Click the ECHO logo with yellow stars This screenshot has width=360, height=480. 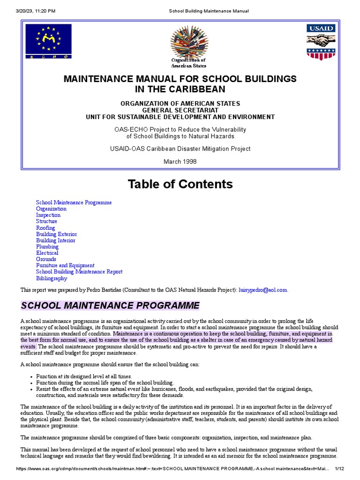point(49,41)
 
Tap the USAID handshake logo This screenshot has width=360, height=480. point(321,42)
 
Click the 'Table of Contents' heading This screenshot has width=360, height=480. point(180,184)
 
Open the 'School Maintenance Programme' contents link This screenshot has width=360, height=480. point(74,202)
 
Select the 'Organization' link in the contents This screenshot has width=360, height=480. point(51,209)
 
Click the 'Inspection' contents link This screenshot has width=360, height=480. point(48,215)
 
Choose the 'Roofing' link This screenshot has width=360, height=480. point(45,228)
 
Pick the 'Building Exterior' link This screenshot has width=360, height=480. point(56,234)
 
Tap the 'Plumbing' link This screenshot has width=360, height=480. point(47,247)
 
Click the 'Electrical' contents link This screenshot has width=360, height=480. point(47,253)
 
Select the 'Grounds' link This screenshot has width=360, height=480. point(46,259)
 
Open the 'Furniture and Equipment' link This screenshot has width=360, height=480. point(65,265)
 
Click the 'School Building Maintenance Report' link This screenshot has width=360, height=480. point(79,272)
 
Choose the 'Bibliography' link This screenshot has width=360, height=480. point(52,278)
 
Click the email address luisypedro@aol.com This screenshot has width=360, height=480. point(263,290)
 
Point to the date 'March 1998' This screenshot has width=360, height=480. point(180,162)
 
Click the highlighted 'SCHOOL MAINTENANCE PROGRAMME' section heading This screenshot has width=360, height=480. point(110,306)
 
